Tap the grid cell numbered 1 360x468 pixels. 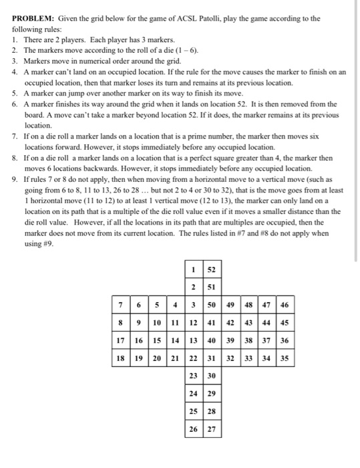click(x=193, y=269)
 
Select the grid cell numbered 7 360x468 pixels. click(x=120, y=306)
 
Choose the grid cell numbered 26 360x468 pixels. click(x=193, y=429)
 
